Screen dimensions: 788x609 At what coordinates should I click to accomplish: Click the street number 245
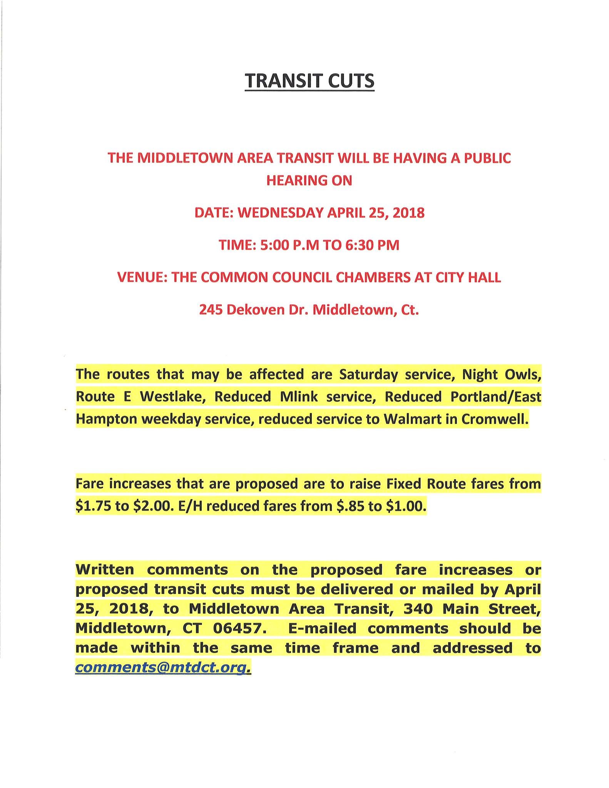click(211, 309)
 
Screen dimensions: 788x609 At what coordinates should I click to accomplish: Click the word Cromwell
click(494, 419)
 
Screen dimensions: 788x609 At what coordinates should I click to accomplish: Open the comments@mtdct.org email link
click(161, 668)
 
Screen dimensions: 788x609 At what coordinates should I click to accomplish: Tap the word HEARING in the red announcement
click(293, 180)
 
